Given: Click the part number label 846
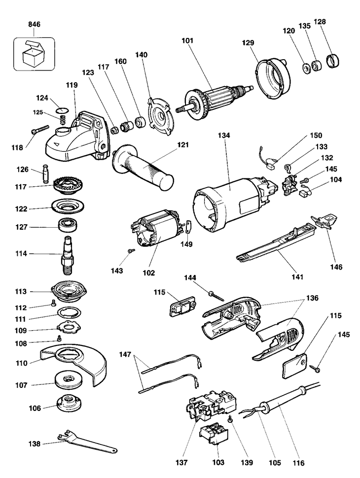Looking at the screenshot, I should (35, 24).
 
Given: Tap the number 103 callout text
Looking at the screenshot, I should (218, 462).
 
